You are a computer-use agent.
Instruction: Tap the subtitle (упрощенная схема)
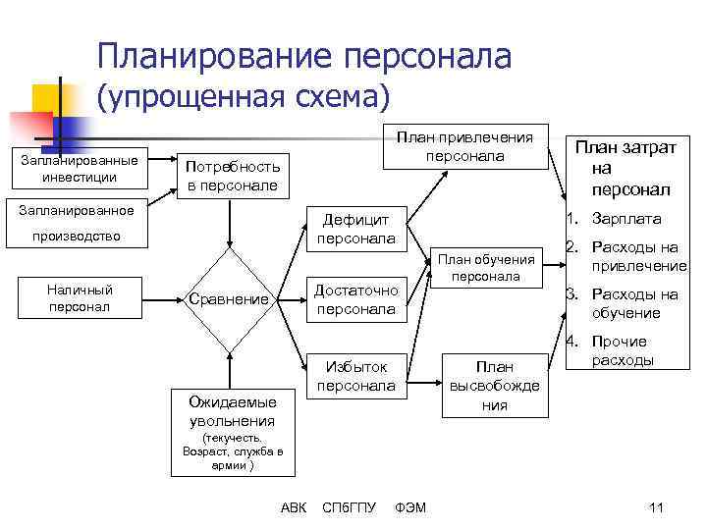coord(243,96)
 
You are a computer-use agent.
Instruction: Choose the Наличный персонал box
coord(80,298)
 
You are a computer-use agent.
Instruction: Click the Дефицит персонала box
coord(356,229)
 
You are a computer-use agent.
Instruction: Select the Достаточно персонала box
coord(356,299)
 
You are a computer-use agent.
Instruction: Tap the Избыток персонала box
coord(356,376)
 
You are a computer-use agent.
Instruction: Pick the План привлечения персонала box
coord(464,146)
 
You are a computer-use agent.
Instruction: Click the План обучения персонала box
coord(486,267)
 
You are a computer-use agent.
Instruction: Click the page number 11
coord(657,507)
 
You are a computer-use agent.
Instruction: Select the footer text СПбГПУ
coord(350,507)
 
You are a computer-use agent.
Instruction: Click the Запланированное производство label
coord(77,223)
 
